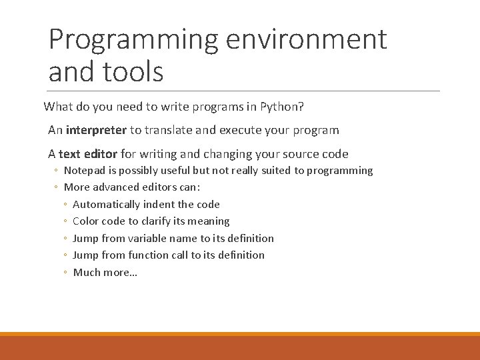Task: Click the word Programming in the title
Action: click(133, 39)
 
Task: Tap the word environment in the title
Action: click(306, 39)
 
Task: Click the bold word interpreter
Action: click(96, 130)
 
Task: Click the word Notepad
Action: click(83, 171)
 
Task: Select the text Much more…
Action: click(105, 272)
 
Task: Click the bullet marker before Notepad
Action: click(57, 171)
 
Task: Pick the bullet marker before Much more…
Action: click(66, 273)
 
